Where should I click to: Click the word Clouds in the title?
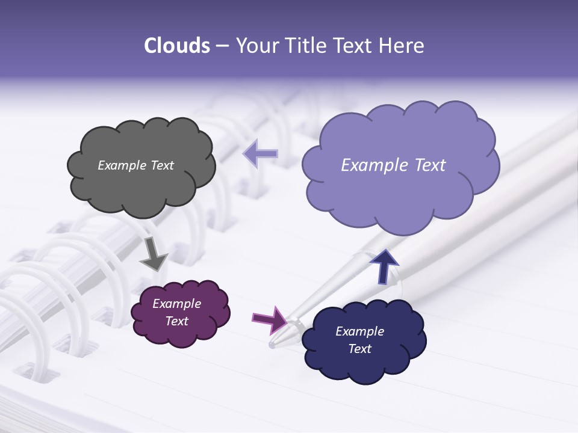click(x=177, y=46)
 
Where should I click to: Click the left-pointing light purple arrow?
click(x=261, y=153)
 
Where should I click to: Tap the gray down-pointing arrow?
click(x=153, y=255)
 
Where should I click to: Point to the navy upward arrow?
click(x=384, y=265)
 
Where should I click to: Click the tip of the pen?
click(x=273, y=345)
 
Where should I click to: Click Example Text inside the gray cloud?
click(x=136, y=165)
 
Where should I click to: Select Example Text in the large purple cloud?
click(x=393, y=165)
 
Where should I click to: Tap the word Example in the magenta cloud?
click(x=177, y=304)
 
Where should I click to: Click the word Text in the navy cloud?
click(x=360, y=349)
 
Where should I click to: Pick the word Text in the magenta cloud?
click(x=177, y=321)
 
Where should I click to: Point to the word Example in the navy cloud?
click(x=360, y=331)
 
